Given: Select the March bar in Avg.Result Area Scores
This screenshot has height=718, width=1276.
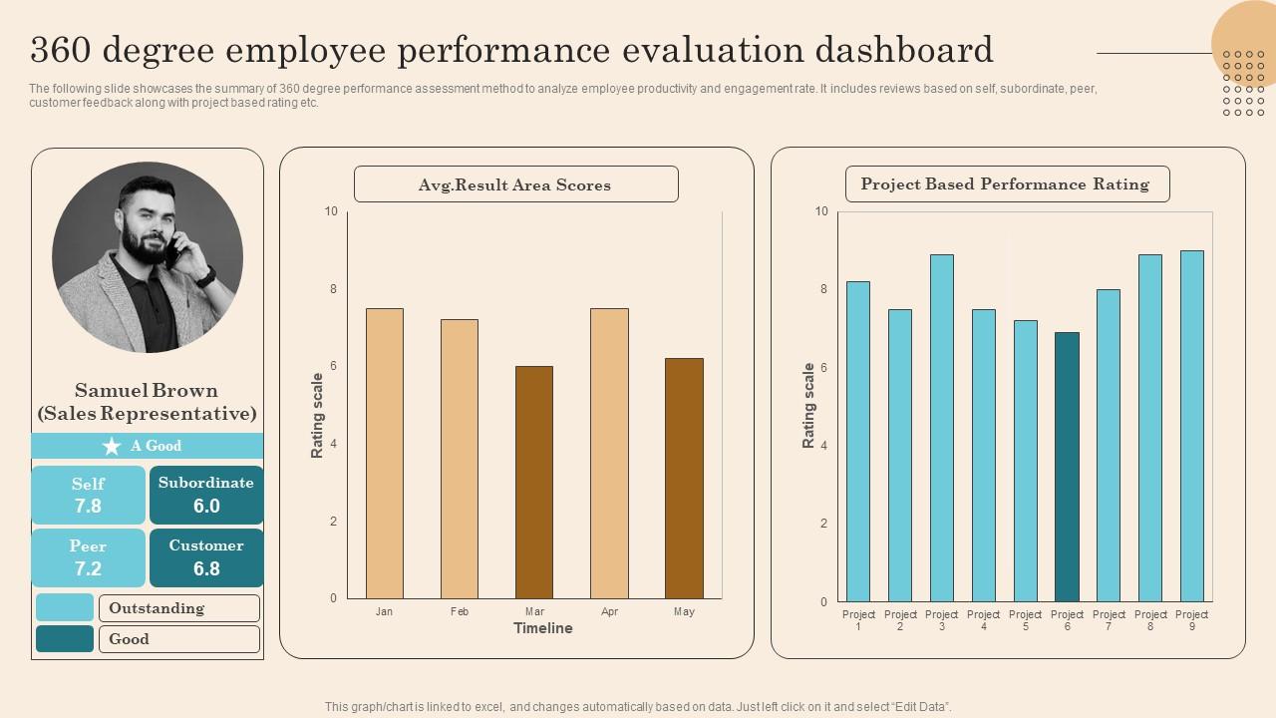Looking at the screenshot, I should (x=534, y=483).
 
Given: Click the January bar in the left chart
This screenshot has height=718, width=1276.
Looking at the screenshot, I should (x=385, y=454).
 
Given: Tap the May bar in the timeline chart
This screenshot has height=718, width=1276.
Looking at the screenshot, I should (x=684, y=479).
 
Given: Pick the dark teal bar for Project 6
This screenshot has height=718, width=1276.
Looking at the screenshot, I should (x=1067, y=467).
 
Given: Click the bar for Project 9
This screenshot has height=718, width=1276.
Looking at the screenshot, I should (x=1191, y=426).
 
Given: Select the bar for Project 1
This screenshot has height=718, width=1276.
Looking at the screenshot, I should (x=858, y=442).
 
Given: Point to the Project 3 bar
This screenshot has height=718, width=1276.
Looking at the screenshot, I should (x=941, y=428).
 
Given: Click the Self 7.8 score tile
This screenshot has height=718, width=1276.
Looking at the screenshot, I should (x=88, y=495).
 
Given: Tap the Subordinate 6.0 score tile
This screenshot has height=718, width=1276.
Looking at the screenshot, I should (x=206, y=495).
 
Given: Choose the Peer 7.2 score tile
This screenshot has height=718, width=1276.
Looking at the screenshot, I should (x=88, y=557).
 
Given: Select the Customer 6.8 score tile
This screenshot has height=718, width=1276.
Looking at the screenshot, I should (x=206, y=557).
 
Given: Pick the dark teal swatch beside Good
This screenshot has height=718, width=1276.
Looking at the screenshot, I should (x=65, y=639).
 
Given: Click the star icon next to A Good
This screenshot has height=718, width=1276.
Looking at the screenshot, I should (x=112, y=446).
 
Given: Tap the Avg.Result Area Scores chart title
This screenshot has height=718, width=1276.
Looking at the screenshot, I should (x=515, y=184).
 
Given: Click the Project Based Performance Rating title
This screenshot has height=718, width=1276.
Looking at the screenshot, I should (x=1006, y=184).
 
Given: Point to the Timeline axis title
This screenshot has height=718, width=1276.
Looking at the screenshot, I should (x=542, y=628).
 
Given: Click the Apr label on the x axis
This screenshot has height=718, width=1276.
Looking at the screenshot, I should (x=609, y=611).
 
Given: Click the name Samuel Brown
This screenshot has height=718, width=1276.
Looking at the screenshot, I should (x=147, y=391).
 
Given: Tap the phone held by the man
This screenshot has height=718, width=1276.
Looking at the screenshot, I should (x=172, y=249).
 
